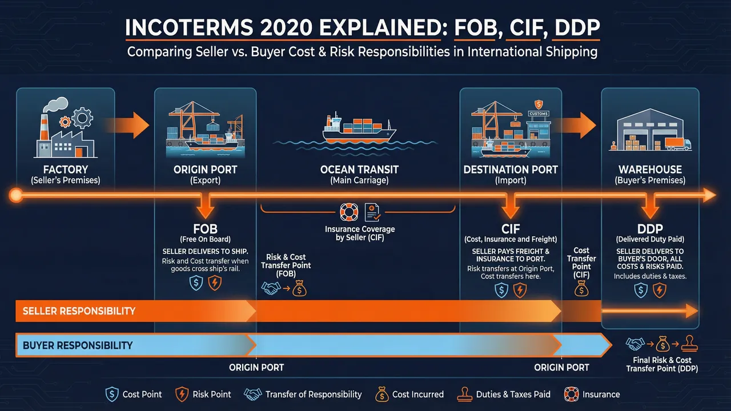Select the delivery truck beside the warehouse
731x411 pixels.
678,144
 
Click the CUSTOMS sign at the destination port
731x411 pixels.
537,114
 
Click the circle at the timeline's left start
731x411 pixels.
15,196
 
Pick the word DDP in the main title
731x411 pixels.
576,29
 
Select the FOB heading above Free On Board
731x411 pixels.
204,230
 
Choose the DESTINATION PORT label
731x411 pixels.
511,170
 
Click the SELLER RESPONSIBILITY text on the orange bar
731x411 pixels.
79,311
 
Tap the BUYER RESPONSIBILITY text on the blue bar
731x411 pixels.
78,345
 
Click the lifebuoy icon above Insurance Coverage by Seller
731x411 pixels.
348,212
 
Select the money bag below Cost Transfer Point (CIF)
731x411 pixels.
581,290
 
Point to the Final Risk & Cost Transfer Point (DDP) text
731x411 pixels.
662,364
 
